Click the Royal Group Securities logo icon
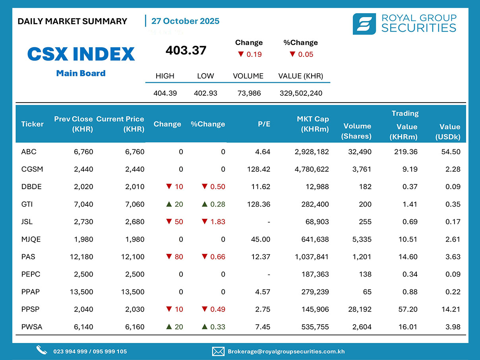(x=364, y=24)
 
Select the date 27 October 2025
(x=185, y=21)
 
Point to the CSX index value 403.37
(x=186, y=50)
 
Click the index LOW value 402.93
(x=205, y=93)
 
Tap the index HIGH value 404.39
(x=165, y=93)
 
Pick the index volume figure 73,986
(x=248, y=93)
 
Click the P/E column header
(x=264, y=124)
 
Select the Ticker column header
(x=33, y=124)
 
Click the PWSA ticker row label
(x=32, y=327)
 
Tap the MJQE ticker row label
(x=31, y=239)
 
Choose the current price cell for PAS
(x=132, y=257)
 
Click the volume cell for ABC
(x=359, y=152)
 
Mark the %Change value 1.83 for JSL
(x=217, y=222)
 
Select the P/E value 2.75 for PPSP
(x=263, y=310)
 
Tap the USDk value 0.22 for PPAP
(x=453, y=292)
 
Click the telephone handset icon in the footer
(x=42, y=350)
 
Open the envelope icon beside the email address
(x=218, y=351)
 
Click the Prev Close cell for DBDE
(x=83, y=187)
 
